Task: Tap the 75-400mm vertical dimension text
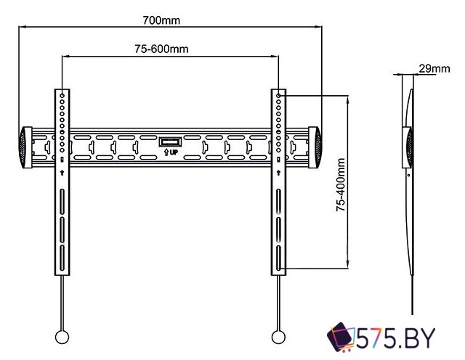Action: click(x=339, y=186)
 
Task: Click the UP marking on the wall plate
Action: click(x=169, y=153)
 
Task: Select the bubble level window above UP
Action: click(x=169, y=141)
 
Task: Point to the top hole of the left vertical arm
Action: click(x=63, y=95)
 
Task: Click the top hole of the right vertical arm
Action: click(x=278, y=95)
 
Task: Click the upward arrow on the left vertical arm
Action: click(x=63, y=172)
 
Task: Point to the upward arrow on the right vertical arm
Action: click(x=278, y=172)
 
